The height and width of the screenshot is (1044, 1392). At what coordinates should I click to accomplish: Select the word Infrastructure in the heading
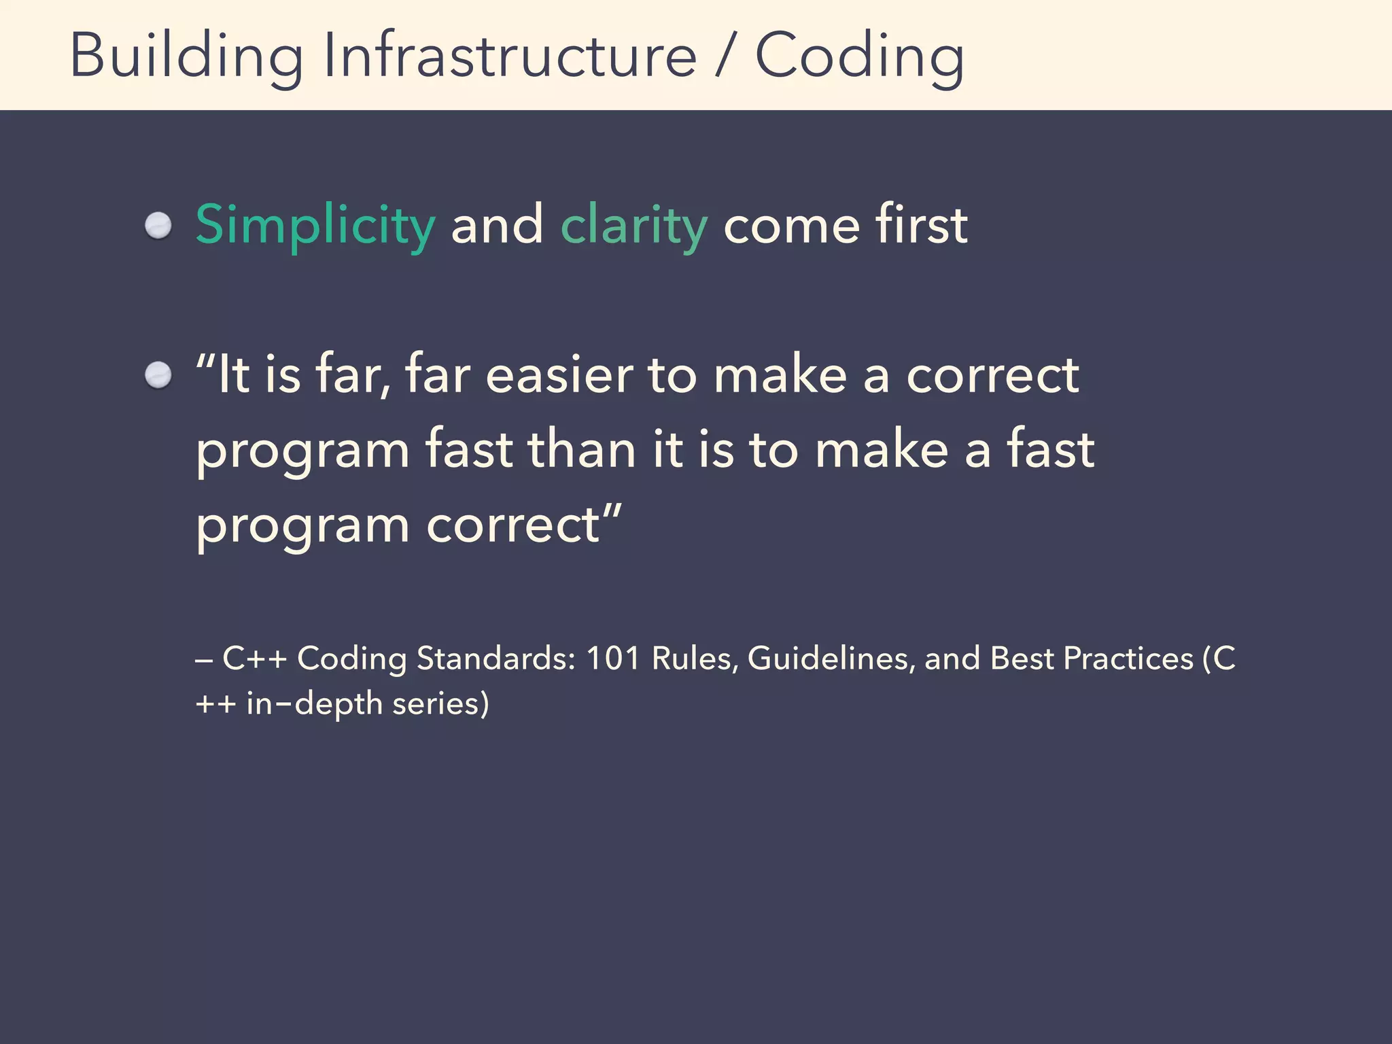click(x=510, y=56)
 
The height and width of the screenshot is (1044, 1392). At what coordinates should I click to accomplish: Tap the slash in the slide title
click(x=725, y=57)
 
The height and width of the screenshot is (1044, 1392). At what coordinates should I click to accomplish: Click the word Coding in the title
click(x=859, y=57)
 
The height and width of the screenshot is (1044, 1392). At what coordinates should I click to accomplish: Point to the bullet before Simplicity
click(x=158, y=226)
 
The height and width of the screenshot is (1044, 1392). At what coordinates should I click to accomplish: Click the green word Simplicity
click(x=315, y=226)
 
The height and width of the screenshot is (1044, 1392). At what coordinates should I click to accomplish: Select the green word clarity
click(x=633, y=226)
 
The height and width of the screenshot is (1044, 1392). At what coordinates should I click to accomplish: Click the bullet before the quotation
click(x=158, y=375)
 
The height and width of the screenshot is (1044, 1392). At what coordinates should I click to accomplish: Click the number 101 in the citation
click(x=612, y=658)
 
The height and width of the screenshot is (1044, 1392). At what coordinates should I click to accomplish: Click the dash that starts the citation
click(x=204, y=659)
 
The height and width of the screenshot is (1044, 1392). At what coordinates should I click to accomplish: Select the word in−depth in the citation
click(x=314, y=703)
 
